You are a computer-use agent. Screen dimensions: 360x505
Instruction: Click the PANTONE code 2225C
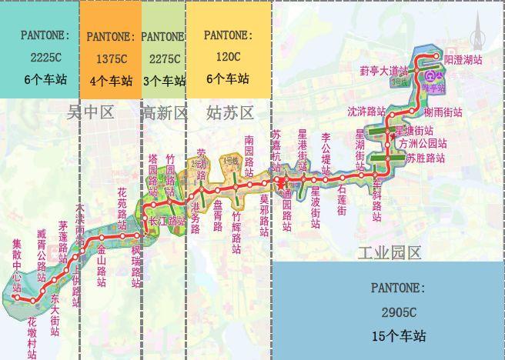tap(38, 58)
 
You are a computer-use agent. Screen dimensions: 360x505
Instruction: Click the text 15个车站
tap(397, 336)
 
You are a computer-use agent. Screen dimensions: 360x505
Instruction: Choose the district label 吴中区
tap(91, 113)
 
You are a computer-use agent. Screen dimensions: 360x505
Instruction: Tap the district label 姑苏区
tap(230, 113)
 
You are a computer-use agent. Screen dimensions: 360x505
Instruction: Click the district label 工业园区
tap(390, 252)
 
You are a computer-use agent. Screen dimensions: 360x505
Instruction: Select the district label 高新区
tap(165, 113)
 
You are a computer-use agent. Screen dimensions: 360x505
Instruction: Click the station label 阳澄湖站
tap(463, 58)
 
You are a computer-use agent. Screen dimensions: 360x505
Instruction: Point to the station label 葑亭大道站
tap(383, 71)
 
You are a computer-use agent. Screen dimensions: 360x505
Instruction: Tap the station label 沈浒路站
tap(366, 111)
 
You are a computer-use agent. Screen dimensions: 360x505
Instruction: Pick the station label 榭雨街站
tap(443, 112)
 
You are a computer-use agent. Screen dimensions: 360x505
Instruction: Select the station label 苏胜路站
tap(426, 158)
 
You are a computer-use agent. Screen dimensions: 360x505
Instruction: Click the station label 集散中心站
tap(17, 265)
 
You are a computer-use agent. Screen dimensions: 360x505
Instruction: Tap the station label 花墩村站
tap(32, 335)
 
